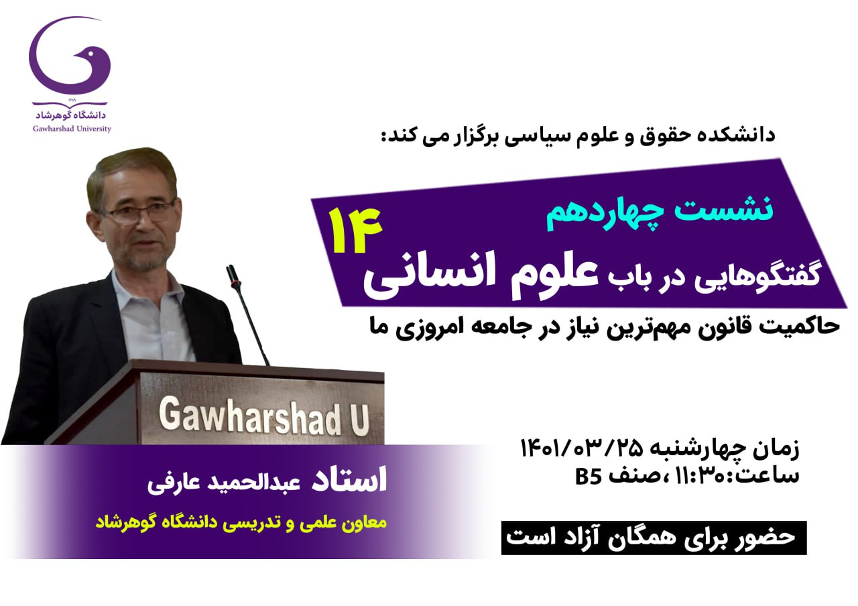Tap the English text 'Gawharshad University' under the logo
(x=72, y=129)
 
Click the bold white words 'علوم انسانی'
(x=481, y=275)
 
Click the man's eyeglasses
(x=140, y=213)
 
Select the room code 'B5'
(x=588, y=477)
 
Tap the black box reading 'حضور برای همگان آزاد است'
(x=654, y=538)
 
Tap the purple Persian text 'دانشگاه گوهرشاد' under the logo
(x=71, y=115)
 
